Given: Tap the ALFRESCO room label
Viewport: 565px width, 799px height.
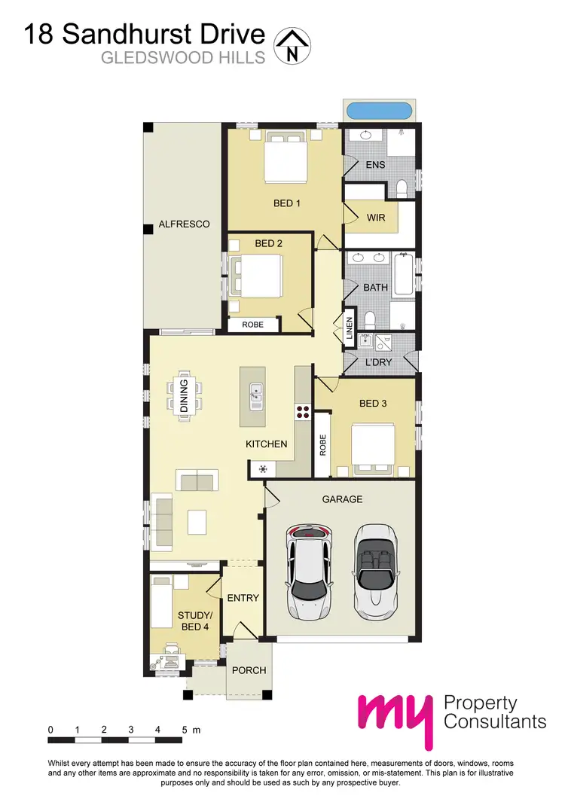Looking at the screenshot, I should click(x=184, y=224).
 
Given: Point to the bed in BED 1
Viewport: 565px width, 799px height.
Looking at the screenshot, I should click(x=285, y=158).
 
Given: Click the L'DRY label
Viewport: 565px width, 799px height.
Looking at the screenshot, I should click(x=379, y=362).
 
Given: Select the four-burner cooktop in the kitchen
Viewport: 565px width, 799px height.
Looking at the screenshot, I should click(x=303, y=412).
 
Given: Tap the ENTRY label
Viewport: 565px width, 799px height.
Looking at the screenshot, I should click(x=243, y=599).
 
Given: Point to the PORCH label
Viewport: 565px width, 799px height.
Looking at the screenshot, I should click(x=249, y=670).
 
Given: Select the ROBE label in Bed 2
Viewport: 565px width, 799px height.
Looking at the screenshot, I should click(x=252, y=325).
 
